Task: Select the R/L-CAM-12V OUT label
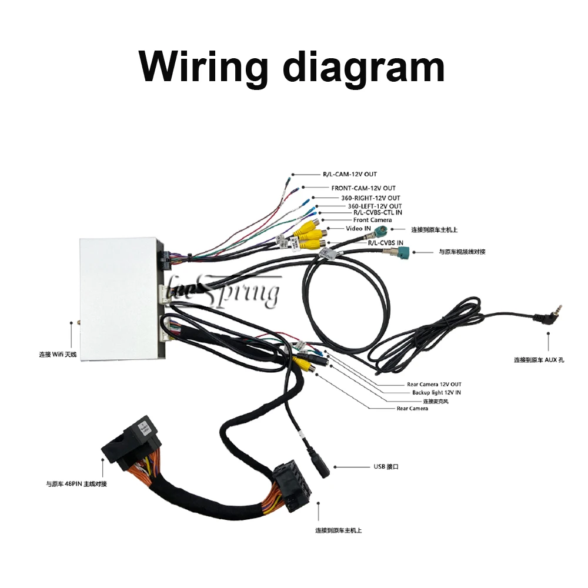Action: (x=349, y=174)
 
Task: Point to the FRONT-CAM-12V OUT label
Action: (x=363, y=188)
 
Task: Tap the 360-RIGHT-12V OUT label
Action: (x=366, y=198)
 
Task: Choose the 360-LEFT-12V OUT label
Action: (x=375, y=206)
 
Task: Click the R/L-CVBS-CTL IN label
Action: (x=373, y=213)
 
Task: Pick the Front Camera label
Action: (x=372, y=220)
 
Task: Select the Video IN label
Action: (x=358, y=228)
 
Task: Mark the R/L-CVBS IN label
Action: (x=385, y=242)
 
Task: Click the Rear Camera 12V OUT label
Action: (x=434, y=385)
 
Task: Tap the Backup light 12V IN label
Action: (x=436, y=392)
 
